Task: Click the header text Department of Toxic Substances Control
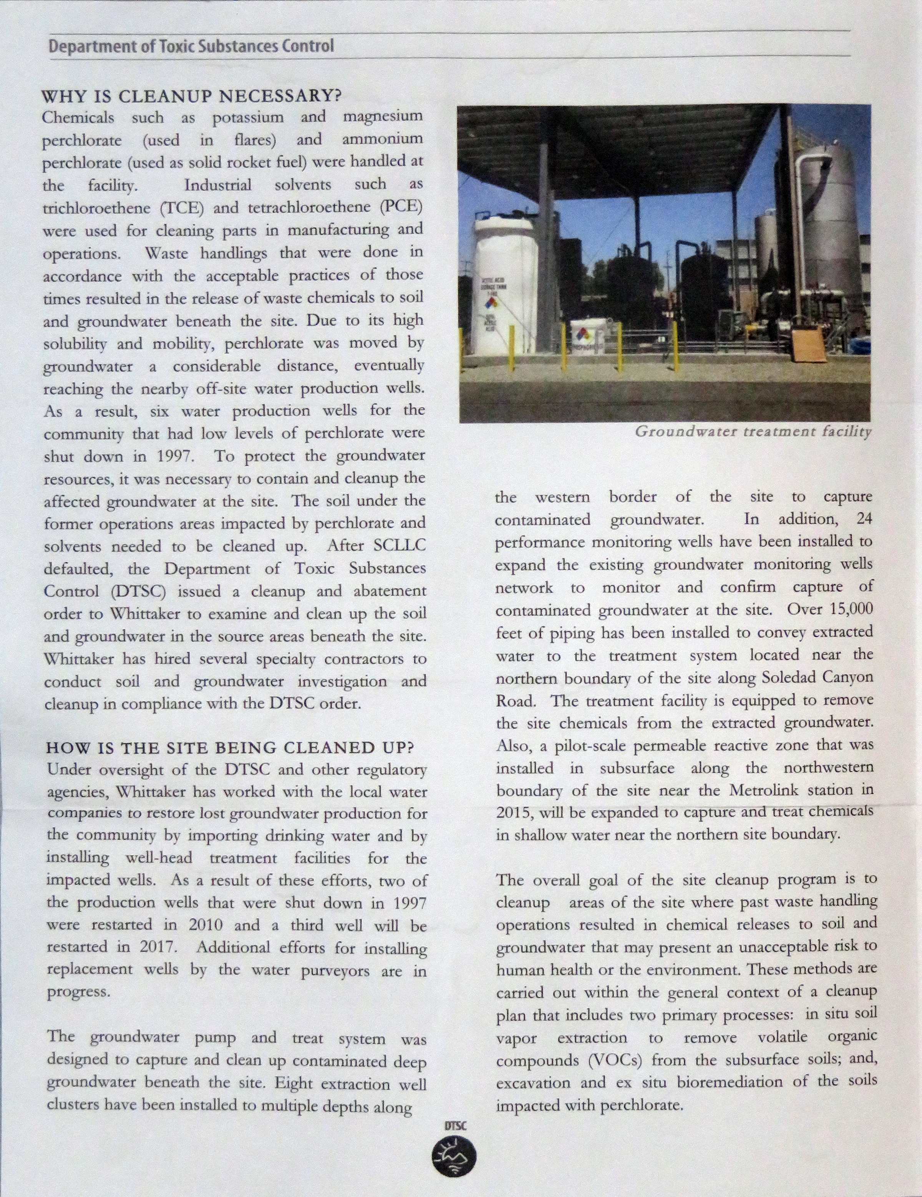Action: pos(191,46)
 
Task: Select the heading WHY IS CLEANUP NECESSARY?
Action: pos(192,96)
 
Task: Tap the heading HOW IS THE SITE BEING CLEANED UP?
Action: pos(230,748)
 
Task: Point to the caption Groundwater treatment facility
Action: pos(753,432)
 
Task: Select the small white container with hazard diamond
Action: pos(587,337)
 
